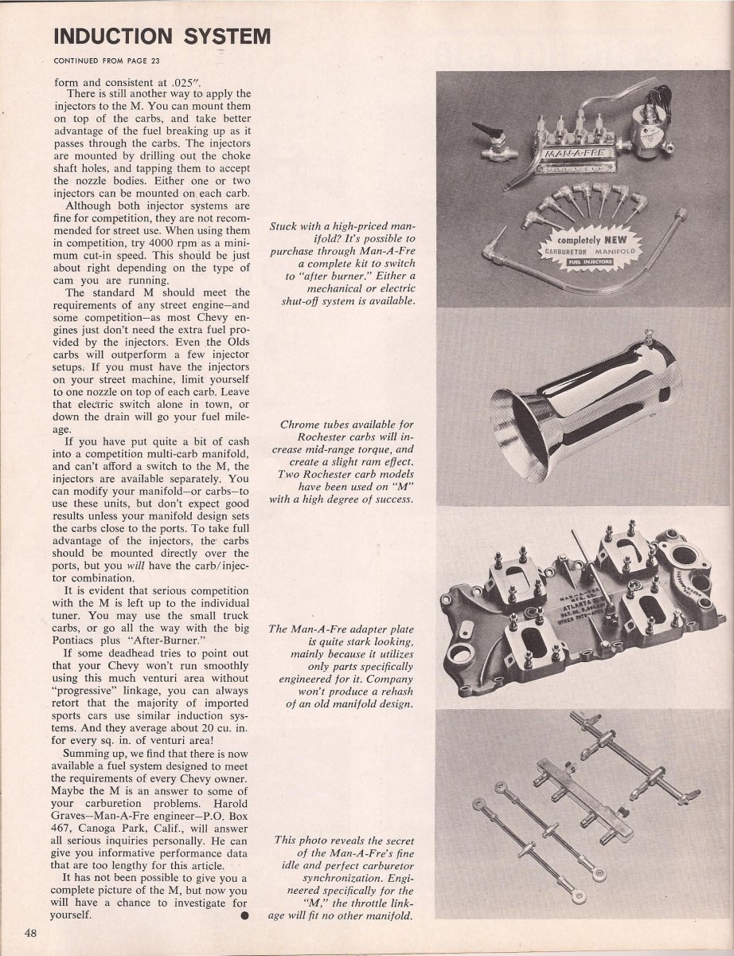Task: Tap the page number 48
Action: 32,933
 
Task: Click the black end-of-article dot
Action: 244,915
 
